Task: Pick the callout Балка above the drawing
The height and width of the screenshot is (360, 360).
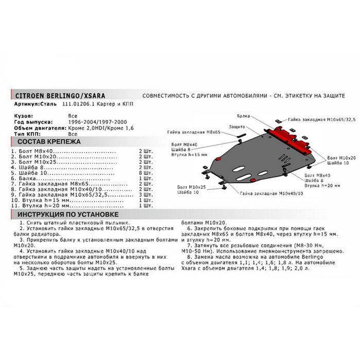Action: tap(245, 117)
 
